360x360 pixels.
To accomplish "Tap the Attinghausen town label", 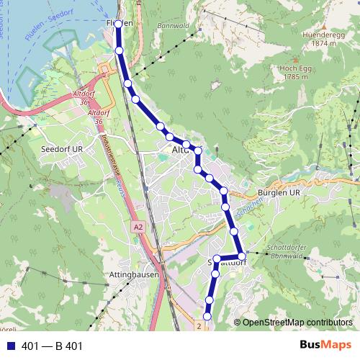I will (x=130, y=274).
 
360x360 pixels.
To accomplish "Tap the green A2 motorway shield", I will (x=138, y=228).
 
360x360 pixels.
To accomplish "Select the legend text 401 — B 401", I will (x=53, y=346).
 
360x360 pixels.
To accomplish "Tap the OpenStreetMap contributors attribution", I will (x=297, y=323).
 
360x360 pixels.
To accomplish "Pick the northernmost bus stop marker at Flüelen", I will (x=118, y=24).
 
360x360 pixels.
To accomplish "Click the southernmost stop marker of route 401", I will (x=207, y=315).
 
